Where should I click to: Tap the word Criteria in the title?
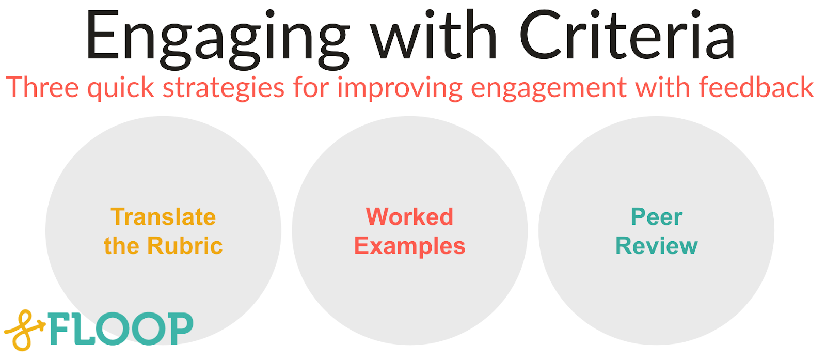627,36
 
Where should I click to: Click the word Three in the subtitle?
43,87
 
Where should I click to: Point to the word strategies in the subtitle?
224,88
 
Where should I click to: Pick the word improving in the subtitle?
400,88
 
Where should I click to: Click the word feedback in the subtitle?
756,87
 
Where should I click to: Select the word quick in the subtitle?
121,88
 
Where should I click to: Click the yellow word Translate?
163,217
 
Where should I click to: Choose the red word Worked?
409,217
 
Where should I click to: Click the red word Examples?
409,246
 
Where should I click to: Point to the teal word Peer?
656,217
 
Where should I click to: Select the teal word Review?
656,246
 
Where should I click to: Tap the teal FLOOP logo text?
121,329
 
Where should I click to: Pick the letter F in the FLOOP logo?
61,329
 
